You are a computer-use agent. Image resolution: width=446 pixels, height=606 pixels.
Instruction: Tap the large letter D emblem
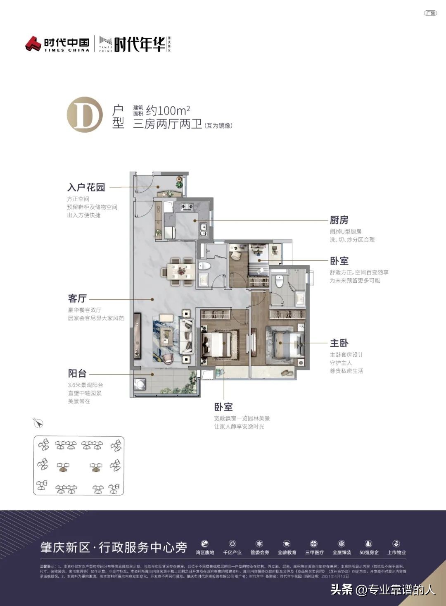[x=85, y=115]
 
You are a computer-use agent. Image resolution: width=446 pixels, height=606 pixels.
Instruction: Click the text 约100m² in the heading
[x=168, y=110]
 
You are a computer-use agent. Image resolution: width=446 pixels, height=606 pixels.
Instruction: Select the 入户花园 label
[x=86, y=187]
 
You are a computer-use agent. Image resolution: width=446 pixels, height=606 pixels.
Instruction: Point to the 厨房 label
[x=339, y=220]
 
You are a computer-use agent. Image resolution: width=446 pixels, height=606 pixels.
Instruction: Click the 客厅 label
[x=77, y=298]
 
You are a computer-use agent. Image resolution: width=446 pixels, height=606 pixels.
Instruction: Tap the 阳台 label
[x=77, y=374]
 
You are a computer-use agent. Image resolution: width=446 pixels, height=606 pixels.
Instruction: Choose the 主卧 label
[x=339, y=343]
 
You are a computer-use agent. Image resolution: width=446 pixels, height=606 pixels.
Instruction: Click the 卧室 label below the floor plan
[x=223, y=407]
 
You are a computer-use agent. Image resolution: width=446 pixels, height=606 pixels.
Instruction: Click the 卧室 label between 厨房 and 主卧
[x=339, y=261]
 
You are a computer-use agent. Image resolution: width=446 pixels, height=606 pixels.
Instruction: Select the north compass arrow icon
[x=38, y=423]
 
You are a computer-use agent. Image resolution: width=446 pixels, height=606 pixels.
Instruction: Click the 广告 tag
[x=430, y=13]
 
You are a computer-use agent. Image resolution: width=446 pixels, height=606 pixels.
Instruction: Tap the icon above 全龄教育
[x=287, y=544]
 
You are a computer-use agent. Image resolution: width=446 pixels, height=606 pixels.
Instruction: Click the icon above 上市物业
[x=396, y=544]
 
